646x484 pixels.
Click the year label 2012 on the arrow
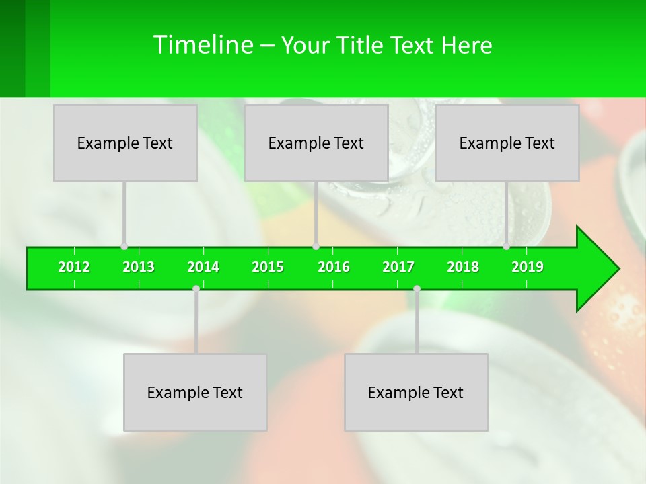(74, 267)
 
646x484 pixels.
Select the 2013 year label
(139, 267)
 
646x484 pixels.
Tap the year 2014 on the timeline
(203, 267)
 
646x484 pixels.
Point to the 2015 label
(268, 267)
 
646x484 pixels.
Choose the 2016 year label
(334, 267)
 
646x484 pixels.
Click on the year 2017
(398, 267)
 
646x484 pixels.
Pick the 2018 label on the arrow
(463, 267)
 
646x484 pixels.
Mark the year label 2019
(528, 267)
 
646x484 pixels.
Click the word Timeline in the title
(202, 45)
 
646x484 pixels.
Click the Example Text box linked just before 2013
(125, 143)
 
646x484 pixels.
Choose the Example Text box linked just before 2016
(316, 143)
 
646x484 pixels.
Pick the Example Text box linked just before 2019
(507, 143)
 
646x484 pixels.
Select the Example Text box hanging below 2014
(195, 392)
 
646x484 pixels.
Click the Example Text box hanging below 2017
(416, 392)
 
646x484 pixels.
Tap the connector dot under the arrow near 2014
(196, 288)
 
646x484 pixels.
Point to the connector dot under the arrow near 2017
(417, 288)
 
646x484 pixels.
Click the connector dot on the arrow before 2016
(316, 247)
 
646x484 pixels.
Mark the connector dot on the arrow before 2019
(506, 247)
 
